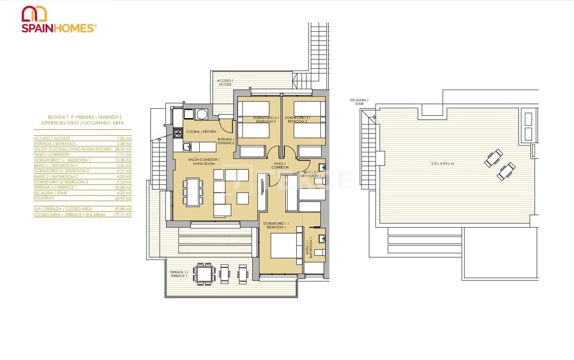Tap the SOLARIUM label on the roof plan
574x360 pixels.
click(443, 164)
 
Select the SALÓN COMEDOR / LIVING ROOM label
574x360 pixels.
click(204, 162)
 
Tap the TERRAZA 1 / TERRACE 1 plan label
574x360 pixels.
click(178, 274)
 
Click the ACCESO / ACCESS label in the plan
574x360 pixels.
click(225, 82)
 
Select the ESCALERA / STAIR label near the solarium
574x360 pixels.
click(359, 102)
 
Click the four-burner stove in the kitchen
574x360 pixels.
click(178, 133)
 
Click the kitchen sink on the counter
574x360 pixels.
click(186, 146)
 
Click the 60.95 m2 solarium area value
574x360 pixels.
click(123, 198)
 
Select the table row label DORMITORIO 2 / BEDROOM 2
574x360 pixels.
click(62, 171)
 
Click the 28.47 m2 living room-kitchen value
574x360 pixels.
click(123, 149)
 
